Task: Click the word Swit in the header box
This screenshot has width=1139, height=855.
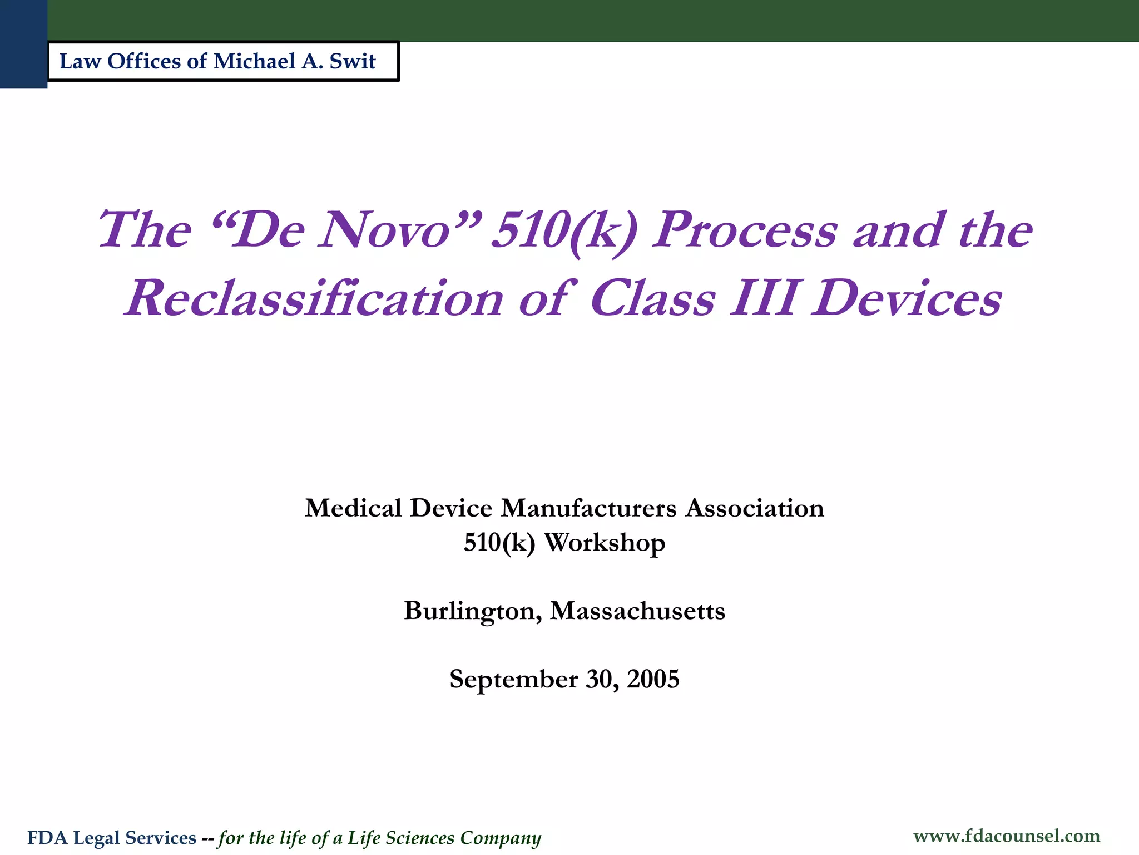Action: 353,61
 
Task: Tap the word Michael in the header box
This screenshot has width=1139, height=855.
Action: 254,61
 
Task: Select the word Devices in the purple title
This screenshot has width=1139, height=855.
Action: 907,299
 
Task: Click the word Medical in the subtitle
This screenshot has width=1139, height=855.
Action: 353,508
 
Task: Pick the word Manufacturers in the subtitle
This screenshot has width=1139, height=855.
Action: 589,508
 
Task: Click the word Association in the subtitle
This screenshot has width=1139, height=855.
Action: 755,508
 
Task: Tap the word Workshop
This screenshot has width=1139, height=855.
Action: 605,543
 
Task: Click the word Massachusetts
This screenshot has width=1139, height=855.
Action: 637,611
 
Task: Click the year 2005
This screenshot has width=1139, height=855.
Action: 653,680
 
